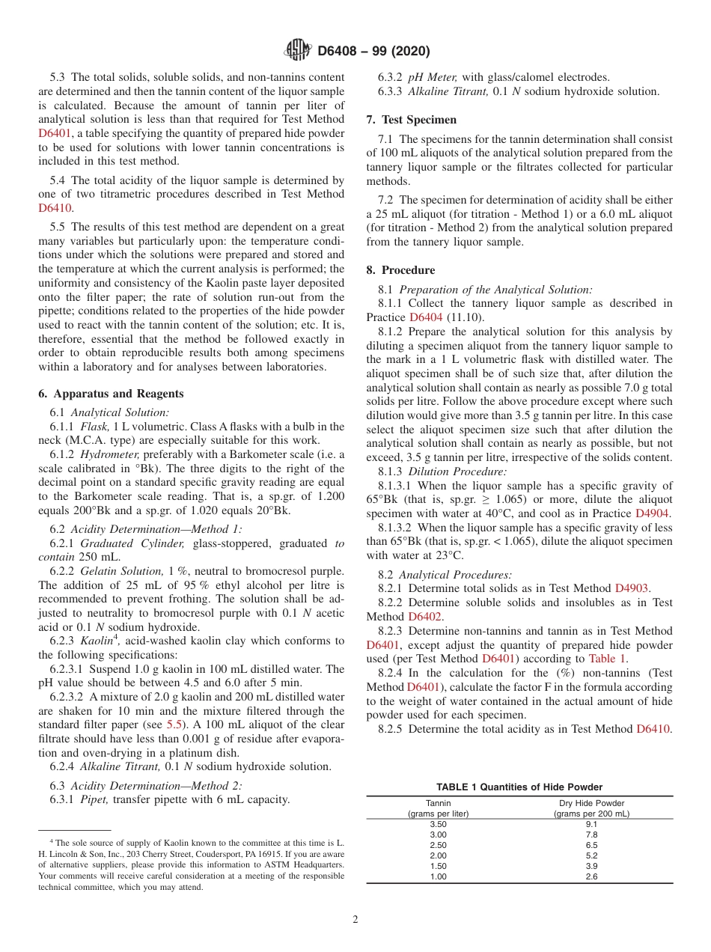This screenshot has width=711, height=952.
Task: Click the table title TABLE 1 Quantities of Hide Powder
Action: coord(519,787)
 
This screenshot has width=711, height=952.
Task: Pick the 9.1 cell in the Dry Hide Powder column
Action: coord(591,823)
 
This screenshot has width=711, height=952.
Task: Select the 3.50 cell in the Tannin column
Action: coord(438,823)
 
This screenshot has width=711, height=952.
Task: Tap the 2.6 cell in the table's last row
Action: coord(591,876)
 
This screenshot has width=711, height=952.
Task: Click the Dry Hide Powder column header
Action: coord(591,803)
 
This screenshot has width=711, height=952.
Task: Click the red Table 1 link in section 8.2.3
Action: coord(607,659)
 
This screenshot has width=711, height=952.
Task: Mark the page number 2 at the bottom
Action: coord(355,920)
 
